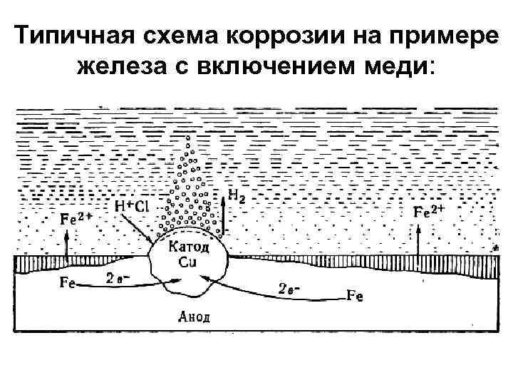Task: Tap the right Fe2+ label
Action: pyautogui.click(x=430, y=211)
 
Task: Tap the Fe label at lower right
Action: pyautogui.click(x=353, y=295)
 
